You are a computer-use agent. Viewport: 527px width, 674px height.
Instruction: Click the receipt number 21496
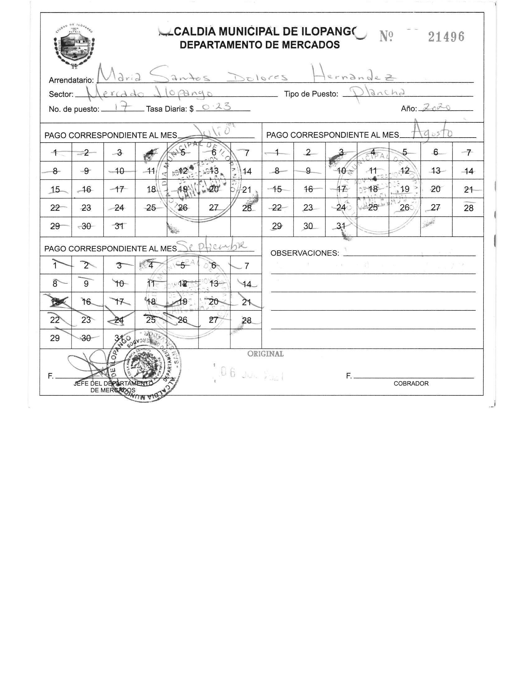446,37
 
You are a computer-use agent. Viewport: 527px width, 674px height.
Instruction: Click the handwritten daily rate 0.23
217,107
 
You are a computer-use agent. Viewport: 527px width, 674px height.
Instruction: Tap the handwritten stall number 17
120,108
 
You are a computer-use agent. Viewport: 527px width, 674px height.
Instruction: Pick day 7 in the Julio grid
247,153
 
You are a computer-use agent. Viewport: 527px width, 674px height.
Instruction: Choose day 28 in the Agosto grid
468,208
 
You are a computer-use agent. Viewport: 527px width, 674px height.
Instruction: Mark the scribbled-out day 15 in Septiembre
55,301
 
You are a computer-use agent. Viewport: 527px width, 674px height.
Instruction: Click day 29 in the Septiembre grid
55,338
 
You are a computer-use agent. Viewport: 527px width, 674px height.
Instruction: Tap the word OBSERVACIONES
304,253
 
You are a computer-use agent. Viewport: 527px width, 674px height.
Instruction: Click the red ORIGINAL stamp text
265,354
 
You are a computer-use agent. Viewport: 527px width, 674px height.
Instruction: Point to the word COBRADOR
411,384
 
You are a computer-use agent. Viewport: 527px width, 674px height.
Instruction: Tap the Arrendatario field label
71,80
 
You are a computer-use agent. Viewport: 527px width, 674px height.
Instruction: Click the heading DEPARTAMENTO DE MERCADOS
260,45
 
